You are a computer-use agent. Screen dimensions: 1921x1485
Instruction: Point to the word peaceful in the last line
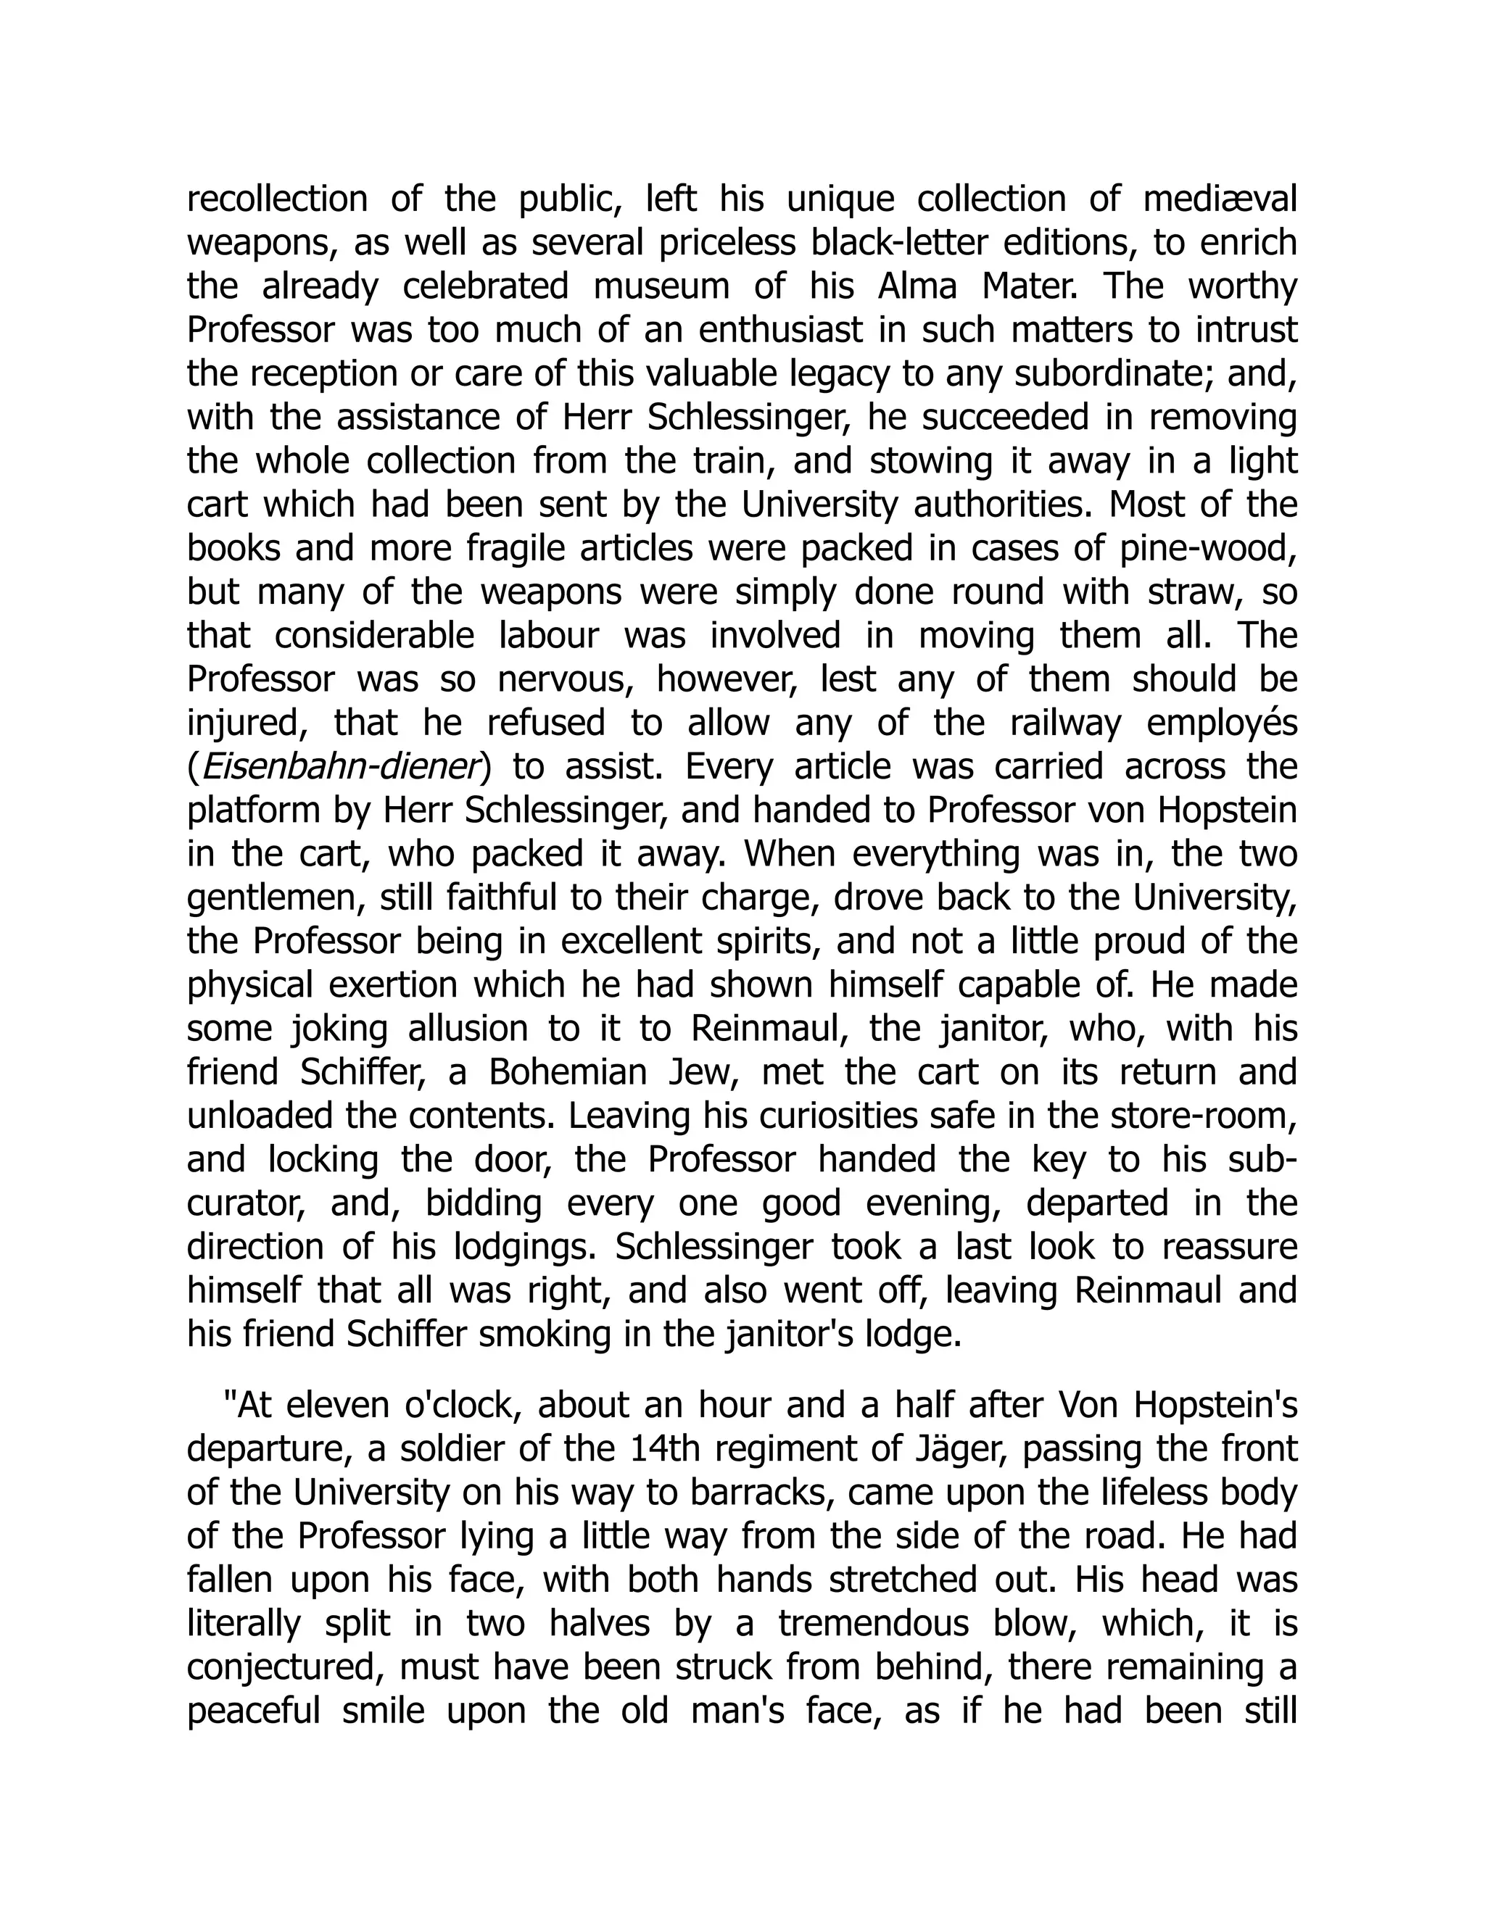tap(253, 1712)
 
